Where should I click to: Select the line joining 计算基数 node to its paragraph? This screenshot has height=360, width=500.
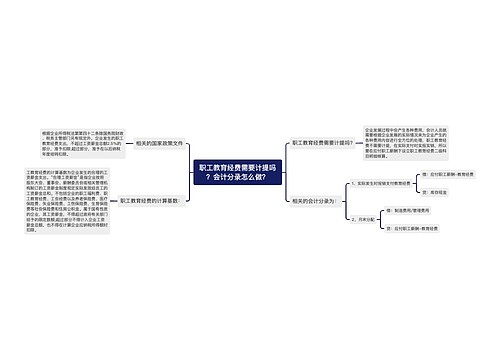(x=111, y=201)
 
